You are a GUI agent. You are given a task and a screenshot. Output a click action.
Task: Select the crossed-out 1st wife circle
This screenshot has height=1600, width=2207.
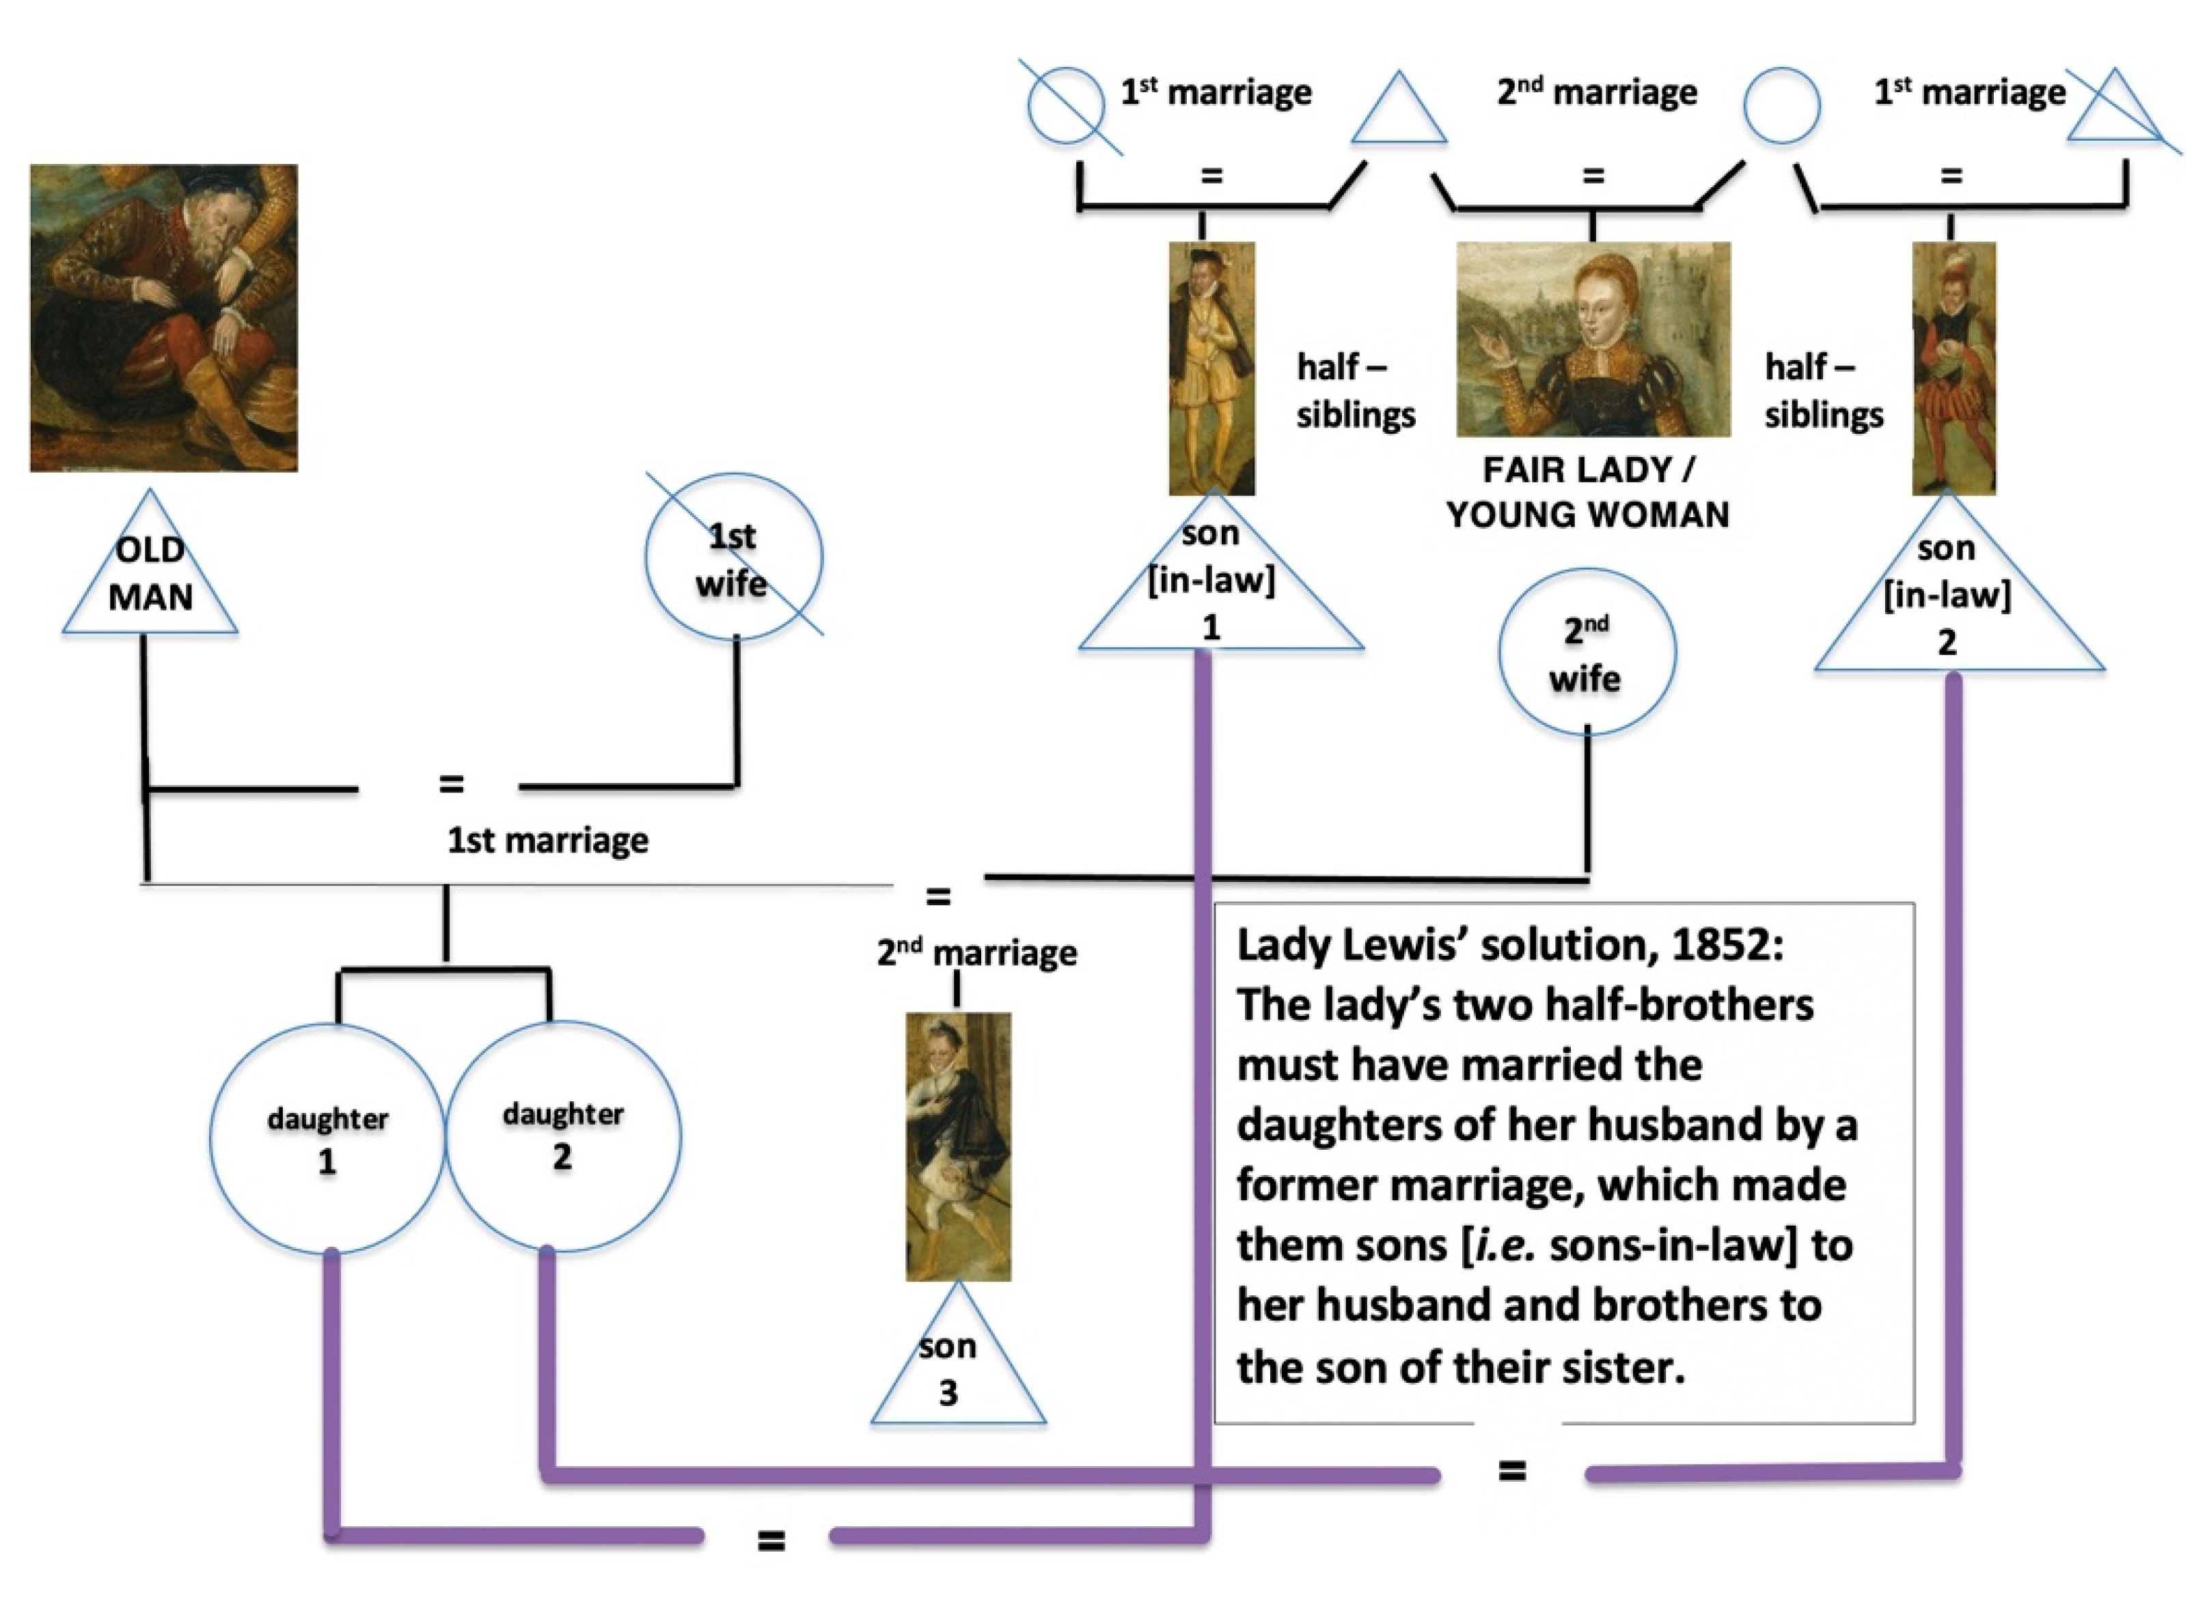tap(734, 557)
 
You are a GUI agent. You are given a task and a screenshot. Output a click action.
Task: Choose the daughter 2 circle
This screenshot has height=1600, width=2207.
tap(564, 1135)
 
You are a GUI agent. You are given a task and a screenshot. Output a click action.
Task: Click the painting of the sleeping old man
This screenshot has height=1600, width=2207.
tap(163, 318)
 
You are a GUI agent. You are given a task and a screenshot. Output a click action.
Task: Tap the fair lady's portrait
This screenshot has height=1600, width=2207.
tap(1593, 339)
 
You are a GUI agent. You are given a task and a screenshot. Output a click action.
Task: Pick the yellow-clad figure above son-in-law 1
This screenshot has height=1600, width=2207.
tap(1211, 368)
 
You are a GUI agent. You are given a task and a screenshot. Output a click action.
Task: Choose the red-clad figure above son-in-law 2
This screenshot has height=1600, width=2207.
tap(1954, 368)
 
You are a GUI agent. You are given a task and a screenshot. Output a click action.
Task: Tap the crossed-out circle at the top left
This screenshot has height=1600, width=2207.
tap(1067, 105)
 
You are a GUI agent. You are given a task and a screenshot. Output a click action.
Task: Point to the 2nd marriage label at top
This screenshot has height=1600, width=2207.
tap(1597, 92)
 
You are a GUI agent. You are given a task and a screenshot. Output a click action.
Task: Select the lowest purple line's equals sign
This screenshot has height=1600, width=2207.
tap(771, 1541)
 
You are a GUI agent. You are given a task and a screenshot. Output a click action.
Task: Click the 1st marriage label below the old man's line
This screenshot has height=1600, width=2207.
tap(548, 840)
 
